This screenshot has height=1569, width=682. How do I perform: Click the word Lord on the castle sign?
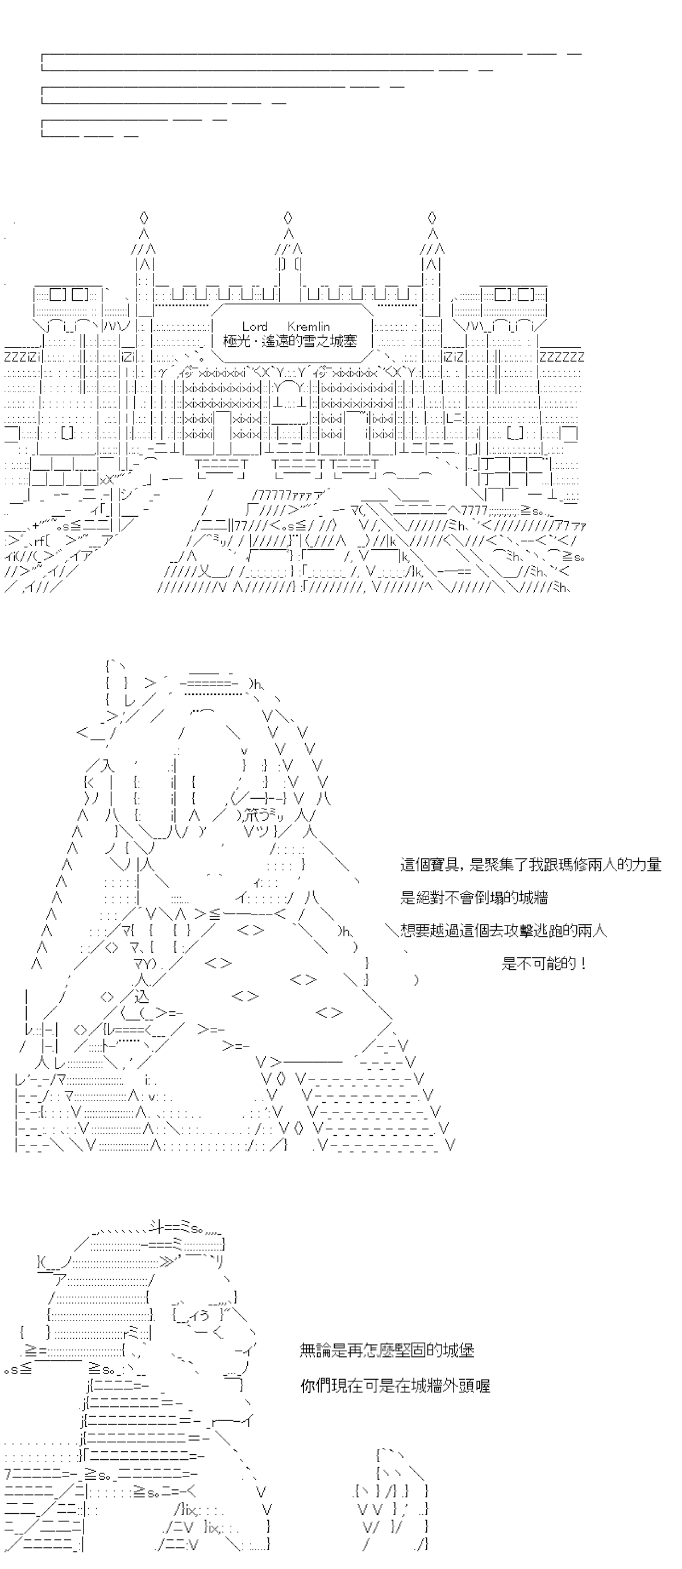coord(255,326)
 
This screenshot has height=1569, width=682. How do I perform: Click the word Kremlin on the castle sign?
coord(308,326)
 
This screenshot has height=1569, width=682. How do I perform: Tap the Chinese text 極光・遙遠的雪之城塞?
coord(290,342)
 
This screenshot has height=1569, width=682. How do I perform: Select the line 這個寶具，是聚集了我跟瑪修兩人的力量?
coord(530,864)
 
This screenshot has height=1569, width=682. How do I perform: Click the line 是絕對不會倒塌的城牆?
coord(474,897)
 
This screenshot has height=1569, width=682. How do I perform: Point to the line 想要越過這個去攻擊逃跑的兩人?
coord(504,930)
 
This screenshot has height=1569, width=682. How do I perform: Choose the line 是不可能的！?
coord(544,963)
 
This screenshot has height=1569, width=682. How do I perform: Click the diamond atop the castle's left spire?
coord(144,217)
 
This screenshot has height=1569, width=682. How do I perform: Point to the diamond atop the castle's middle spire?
coord(288,217)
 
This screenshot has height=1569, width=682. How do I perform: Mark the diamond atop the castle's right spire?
coord(433,217)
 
